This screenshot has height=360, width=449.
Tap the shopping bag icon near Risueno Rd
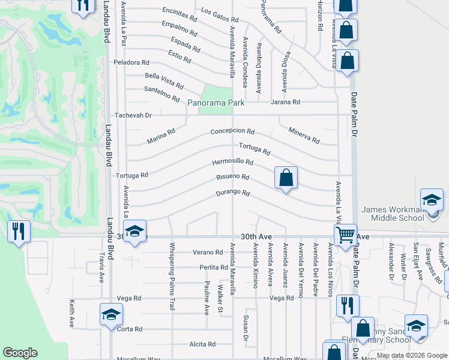pyautogui.click(x=286, y=178)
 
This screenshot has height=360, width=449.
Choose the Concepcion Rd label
pyautogui.click(x=232, y=131)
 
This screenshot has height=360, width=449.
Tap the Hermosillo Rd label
pyautogui.click(x=232, y=163)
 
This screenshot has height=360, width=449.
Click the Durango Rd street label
pyautogui.click(x=232, y=193)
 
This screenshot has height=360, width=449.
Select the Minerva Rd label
pyautogui.click(x=304, y=135)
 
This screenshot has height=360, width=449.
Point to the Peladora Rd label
pyautogui.click(x=131, y=62)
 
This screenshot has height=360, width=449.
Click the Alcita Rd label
pyautogui.click(x=202, y=344)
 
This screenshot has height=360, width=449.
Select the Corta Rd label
pyautogui.click(x=130, y=329)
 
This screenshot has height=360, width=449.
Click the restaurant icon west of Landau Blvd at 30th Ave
pyautogui.click(x=18, y=231)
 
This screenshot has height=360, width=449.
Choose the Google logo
pyautogui.click(x=19, y=353)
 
